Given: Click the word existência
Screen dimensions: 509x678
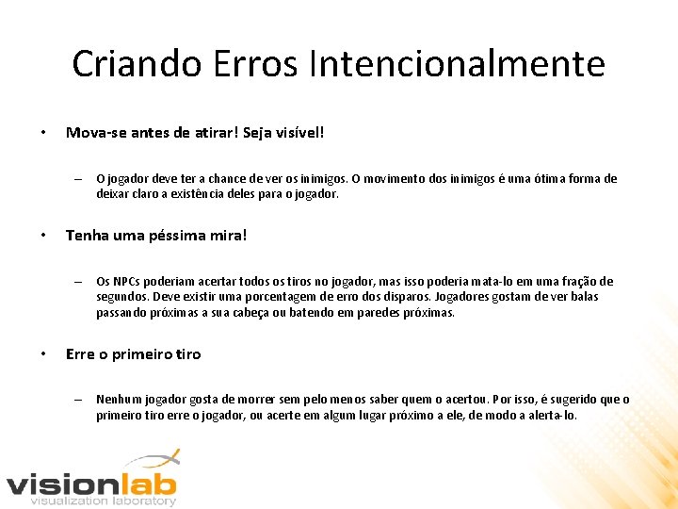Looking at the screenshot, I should [x=170, y=194].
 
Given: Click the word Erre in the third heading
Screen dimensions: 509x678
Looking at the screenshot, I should [x=81, y=354].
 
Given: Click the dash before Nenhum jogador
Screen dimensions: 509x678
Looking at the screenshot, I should [x=80, y=400].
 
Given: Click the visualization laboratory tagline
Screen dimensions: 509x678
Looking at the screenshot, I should [x=103, y=501].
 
